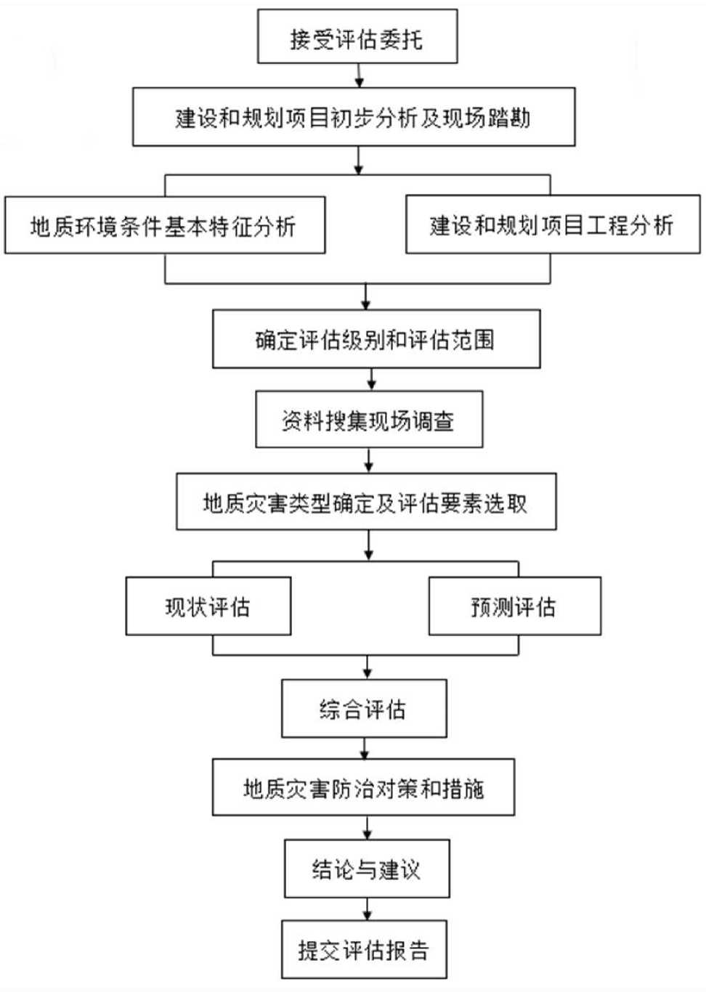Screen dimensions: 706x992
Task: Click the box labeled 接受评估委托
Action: (x=357, y=36)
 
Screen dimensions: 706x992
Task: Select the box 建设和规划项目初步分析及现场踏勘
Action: (x=354, y=117)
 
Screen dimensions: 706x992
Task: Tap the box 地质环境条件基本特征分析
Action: (x=165, y=225)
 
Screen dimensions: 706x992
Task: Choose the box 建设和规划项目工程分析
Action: (x=553, y=224)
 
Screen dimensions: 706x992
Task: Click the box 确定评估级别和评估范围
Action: (x=376, y=339)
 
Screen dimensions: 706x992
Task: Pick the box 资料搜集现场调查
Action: (x=369, y=419)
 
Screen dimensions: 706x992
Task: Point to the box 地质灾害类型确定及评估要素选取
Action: (x=366, y=501)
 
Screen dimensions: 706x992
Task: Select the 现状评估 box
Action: (x=208, y=606)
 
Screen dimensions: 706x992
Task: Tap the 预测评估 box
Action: (x=515, y=606)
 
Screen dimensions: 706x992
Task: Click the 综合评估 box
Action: (x=364, y=709)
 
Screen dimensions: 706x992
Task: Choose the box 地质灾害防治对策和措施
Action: (x=363, y=787)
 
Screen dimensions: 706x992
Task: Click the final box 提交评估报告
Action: (x=364, y=949)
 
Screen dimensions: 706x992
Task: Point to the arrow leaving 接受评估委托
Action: (x=360, y=76)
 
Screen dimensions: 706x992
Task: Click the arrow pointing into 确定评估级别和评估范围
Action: (x=366, y=296)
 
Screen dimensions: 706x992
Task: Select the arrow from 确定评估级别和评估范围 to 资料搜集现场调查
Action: (x=372, y=379)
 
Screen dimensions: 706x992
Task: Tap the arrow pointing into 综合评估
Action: (x=368, y=667)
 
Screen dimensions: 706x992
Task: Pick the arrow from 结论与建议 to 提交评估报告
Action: (x=367, y=909)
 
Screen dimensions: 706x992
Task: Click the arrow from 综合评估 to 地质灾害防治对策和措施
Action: (x=364, y=748)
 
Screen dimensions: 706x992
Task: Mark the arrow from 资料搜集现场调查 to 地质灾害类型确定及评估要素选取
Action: (x=369, y=460)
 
